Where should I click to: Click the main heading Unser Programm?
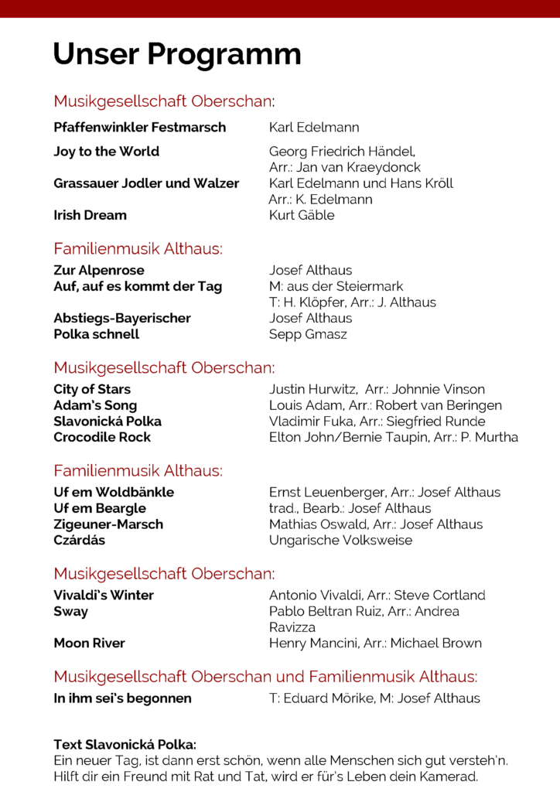[x=177, y=55]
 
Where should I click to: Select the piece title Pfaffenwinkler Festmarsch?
[x=140, y=127]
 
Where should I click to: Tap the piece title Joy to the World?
[x=106, y=152]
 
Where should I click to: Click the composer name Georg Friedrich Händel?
[x=342, y=152]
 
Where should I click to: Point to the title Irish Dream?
[x=90, y=215]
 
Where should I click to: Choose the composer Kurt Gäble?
[x=302, y=215]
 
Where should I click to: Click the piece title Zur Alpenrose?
[x=99, y=270]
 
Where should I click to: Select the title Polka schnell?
[x=97, y=334]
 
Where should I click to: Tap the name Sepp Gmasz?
[x=308, y=334]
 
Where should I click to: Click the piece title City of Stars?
[x=92, y=389]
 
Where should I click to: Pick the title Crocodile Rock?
[x=102, y=437]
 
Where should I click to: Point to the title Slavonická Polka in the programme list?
[x=108, y=422]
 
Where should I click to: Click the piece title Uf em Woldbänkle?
[x=114, y=492]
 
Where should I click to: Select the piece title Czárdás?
[x=80, y=540]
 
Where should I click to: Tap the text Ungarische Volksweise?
[x=340, y=540]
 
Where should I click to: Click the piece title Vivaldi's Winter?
[x=104, y=595]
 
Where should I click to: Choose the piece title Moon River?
[x=89, y=643]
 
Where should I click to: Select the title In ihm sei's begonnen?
[x=122, y=698]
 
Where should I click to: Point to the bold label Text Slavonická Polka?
[x=125, y=745]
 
